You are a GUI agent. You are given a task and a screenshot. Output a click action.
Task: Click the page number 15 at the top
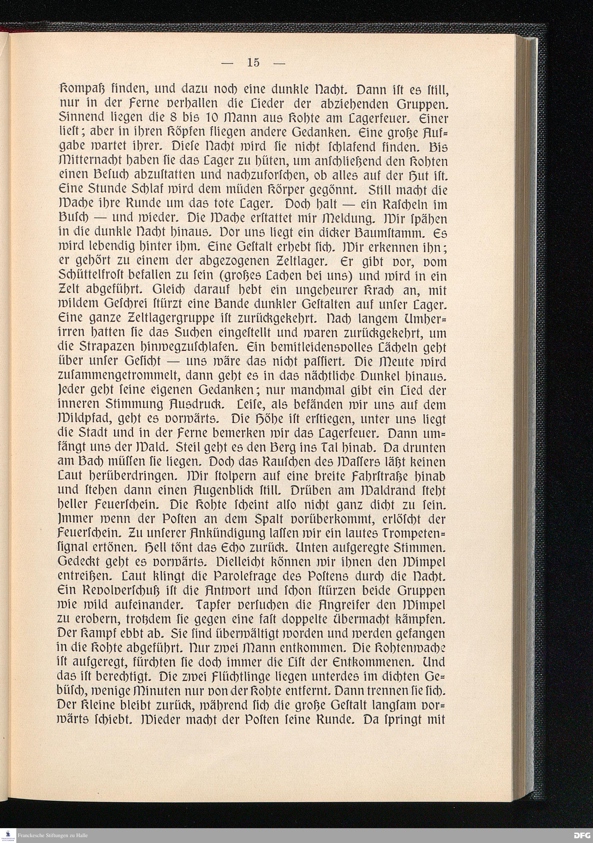pos(253,63)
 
